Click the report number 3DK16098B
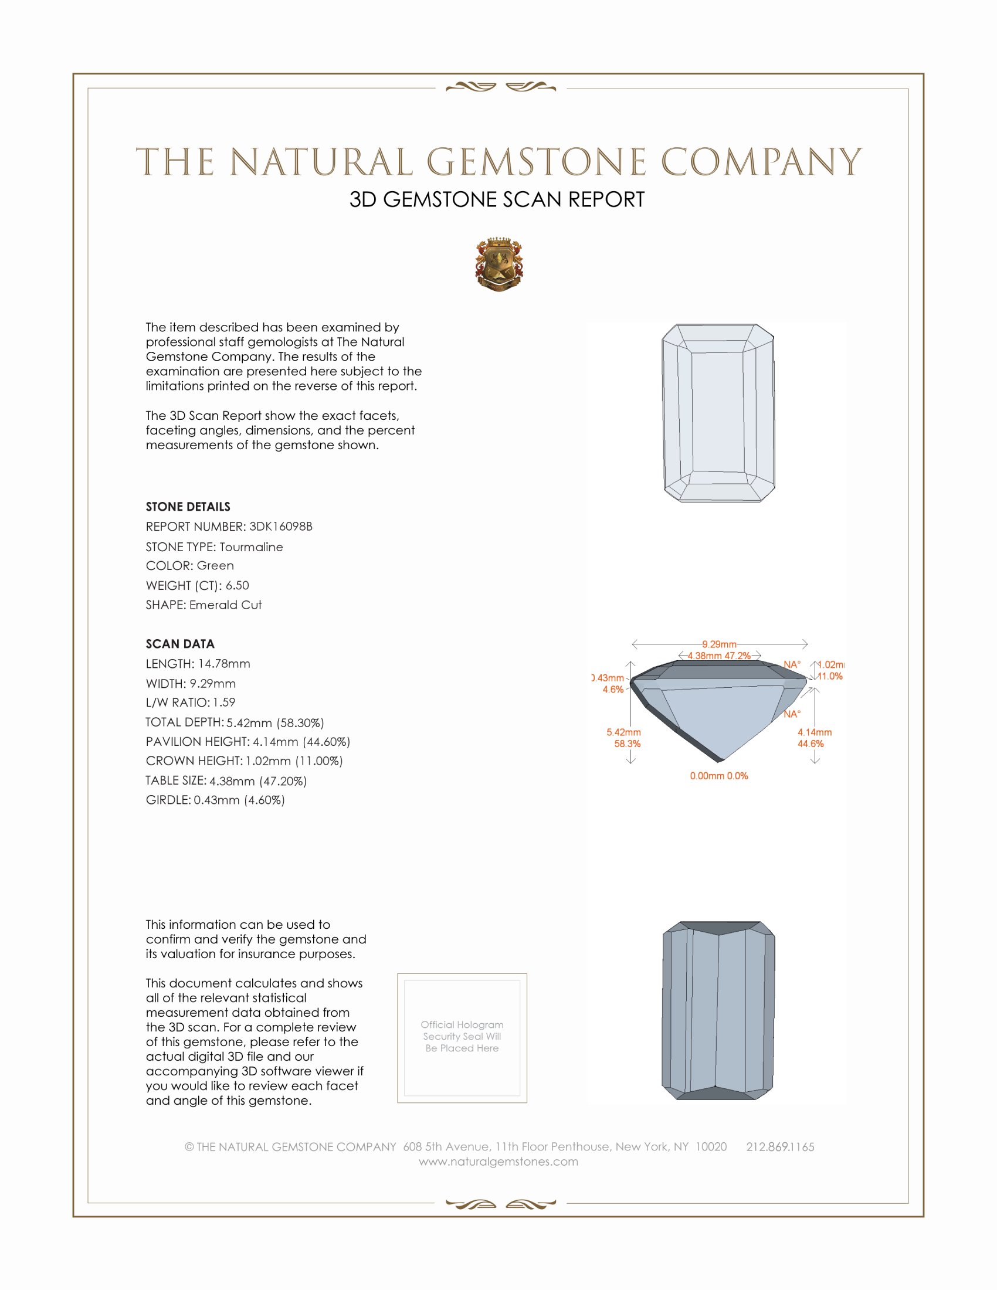coord(280,527)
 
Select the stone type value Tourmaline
coord(251,547)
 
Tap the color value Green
coord(215,566)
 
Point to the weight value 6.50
coord(237,585)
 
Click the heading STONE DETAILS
coord(188,507)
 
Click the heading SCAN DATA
coord(180,644)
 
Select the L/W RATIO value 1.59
coord(224,703)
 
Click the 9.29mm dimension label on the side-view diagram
coord(719,644)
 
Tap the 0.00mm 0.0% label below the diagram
coord(719,776)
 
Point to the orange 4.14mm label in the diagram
coord(815,732)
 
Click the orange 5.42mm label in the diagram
coord(624,732)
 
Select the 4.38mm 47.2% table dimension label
coord(719,656)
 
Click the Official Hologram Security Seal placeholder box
coord(462,1038)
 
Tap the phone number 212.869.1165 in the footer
coord(780,1147)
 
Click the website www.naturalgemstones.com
coord(498,1162)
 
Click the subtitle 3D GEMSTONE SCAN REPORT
coord(497,199)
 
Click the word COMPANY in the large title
coord(761,162)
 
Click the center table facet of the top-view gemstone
coord(718,412)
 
